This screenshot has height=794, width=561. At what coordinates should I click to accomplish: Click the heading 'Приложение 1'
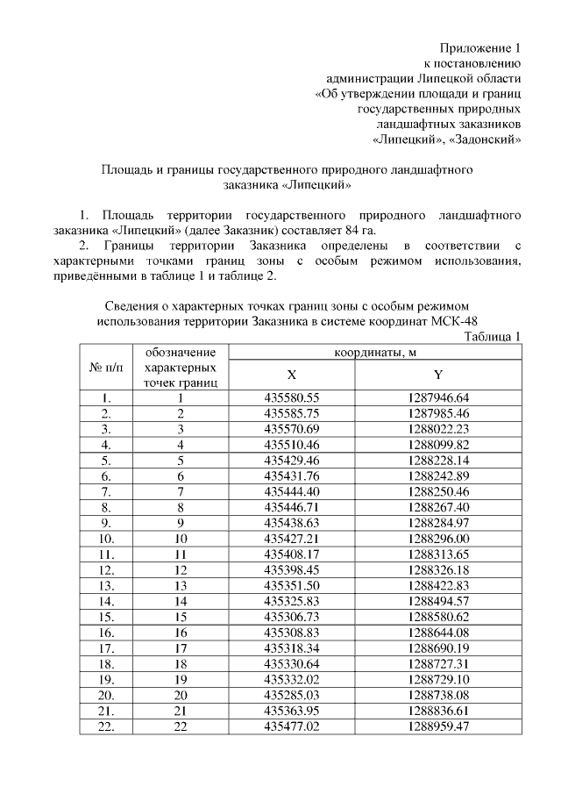pos(480,47)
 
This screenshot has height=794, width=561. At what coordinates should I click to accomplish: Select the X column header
pos(291,374)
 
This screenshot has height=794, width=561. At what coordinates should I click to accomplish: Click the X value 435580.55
pos(291,397)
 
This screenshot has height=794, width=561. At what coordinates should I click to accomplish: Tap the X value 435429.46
pos(291,459)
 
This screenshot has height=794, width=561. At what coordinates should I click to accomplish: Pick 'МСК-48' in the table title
pos(456,320)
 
